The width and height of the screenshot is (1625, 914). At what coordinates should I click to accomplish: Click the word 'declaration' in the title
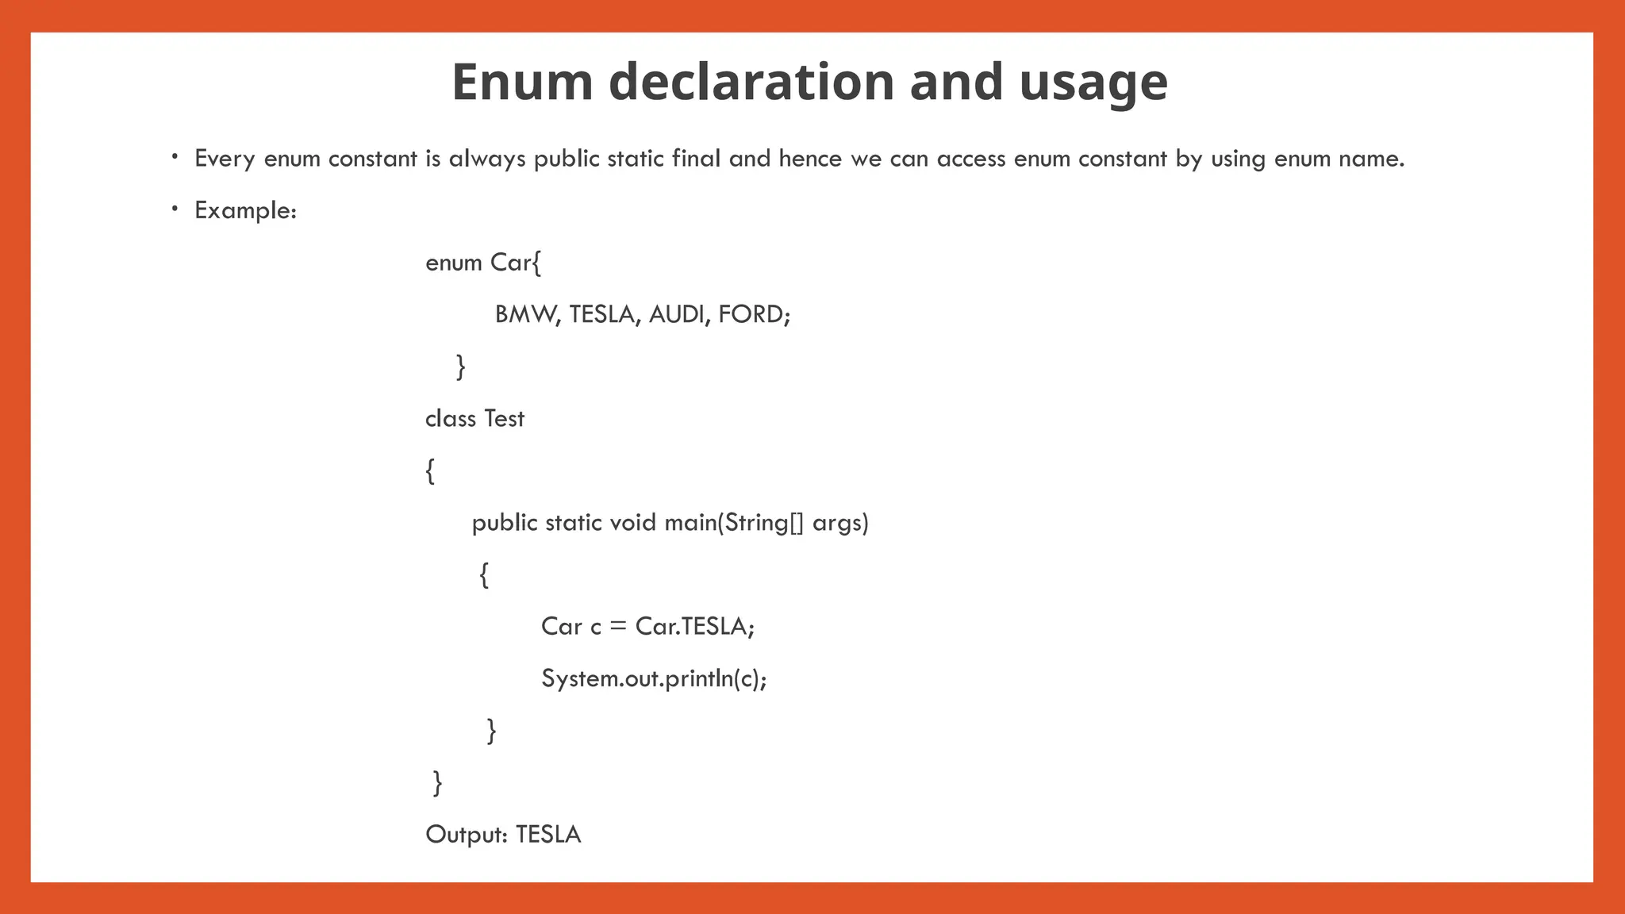(x=751, y=82)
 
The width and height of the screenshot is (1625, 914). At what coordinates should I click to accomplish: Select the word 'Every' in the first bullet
(x=225, y=159)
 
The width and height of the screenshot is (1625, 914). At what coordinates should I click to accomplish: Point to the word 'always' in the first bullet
(x=487, y=159)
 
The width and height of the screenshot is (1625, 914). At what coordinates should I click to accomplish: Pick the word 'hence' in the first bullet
(x=810, y=158)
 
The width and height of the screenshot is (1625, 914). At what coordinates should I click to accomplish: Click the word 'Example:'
(x=245, y=210)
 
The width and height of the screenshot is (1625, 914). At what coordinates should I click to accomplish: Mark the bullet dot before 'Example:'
(x=175, y=209)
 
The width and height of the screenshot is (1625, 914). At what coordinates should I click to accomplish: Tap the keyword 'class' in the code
(x=451, y=418)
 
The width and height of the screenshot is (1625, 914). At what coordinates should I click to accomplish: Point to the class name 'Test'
(x=505, y=418)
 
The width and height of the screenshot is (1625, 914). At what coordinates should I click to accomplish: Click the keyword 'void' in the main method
(x=632, y=522)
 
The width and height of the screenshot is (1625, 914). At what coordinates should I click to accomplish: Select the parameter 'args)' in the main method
(x=840, y=523)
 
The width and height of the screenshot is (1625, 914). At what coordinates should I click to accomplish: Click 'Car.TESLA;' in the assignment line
(x=695, y=626)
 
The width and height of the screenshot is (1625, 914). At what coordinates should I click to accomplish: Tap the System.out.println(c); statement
(x=654, y=678)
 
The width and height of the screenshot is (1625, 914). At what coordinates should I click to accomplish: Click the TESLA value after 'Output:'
(x=548, y=834)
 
